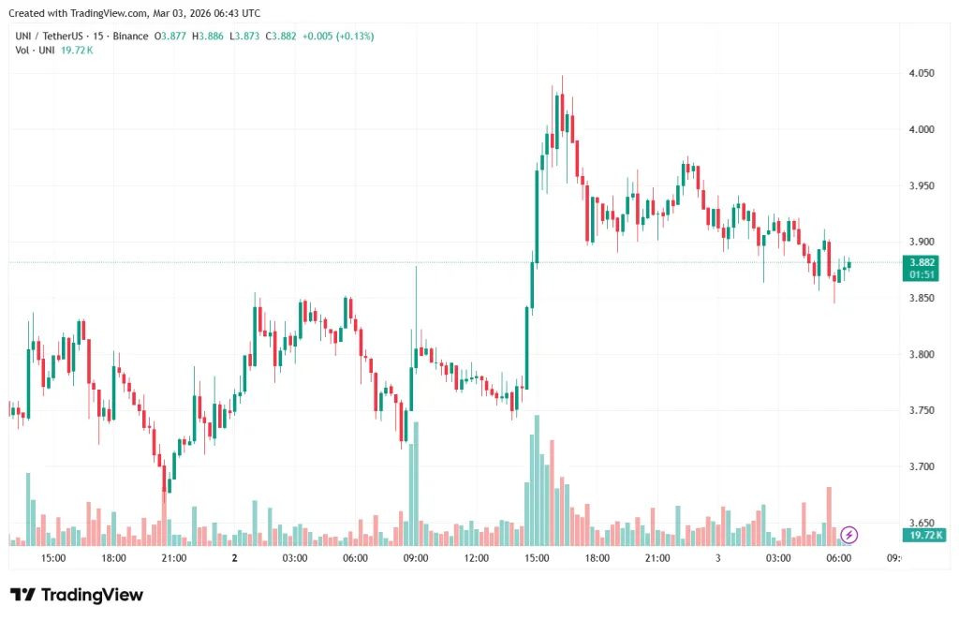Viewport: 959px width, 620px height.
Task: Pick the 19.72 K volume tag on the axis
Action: click(922, 535)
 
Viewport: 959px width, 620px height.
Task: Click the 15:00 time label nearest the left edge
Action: click(53, 558)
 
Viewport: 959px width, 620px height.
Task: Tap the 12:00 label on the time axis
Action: click(476, 558)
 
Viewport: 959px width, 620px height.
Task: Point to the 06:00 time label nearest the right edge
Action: click(838, 558)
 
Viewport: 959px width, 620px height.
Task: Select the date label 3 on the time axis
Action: click(717, 558)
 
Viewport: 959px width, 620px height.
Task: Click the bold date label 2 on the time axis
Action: click(234, 558)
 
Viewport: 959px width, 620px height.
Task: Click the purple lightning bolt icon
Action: click(848, 535)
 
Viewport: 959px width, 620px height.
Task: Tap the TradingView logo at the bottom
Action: click(77, 595)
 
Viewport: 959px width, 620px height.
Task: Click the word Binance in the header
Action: click(130, 36)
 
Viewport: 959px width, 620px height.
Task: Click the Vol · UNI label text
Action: click(35, 50)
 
